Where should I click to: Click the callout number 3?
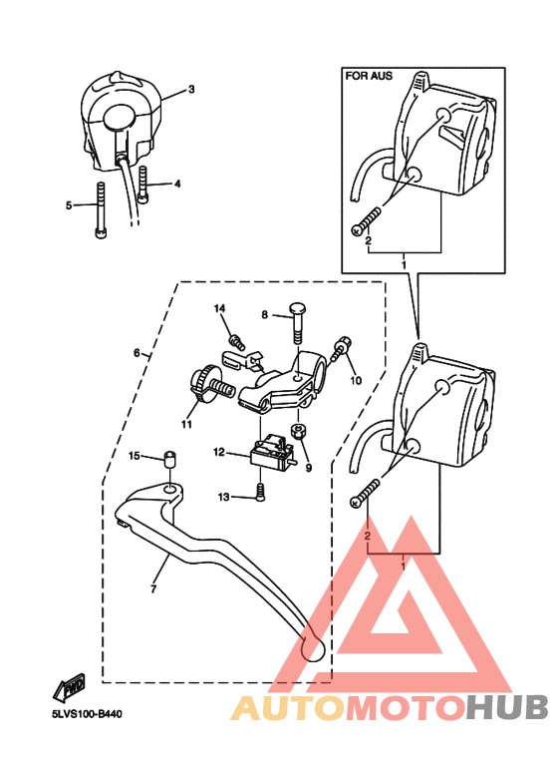191,89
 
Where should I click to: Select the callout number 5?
69,205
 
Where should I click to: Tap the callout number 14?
219,308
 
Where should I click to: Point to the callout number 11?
186,424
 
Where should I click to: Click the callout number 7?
153,588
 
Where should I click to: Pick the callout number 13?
223,497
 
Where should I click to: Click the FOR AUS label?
369,76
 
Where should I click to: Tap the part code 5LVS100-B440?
87,714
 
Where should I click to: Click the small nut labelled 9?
298,431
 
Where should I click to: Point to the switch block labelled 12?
272,452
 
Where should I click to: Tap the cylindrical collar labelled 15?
170,459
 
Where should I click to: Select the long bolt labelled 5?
101,210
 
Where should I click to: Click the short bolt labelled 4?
143,185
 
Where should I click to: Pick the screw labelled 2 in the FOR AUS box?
367,219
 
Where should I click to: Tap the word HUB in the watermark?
506,707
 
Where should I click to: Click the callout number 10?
356,381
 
